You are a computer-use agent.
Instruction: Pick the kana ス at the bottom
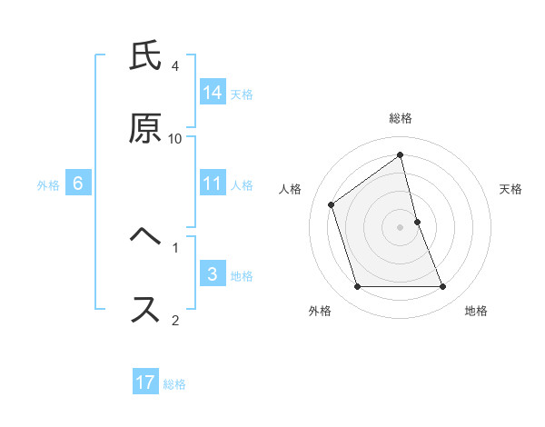pos(145,308)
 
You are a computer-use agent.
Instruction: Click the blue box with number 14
pos(213,93)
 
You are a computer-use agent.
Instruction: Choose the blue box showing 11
pos(213,184)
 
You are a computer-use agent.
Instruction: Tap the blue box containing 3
pos(213,274)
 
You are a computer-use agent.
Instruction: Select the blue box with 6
pos(78,184)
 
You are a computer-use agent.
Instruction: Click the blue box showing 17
pos(145,382)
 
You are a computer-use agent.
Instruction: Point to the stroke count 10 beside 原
pos(175,138)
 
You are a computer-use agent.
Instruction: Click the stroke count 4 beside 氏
pos(175,66)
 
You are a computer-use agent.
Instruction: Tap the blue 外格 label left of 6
pos(48,184)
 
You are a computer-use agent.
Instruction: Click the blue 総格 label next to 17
pos(174,383)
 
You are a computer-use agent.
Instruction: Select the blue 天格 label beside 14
pos(242,94)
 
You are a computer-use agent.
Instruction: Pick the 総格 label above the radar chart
pos(401,118)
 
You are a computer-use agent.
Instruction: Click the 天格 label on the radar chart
pos(510,189)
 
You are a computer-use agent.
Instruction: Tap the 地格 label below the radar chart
pos(476,311)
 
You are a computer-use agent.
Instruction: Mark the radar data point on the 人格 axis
pos(332,204)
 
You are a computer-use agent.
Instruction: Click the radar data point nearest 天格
pos(417,222)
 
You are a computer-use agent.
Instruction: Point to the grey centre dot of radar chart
pos(401,226)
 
